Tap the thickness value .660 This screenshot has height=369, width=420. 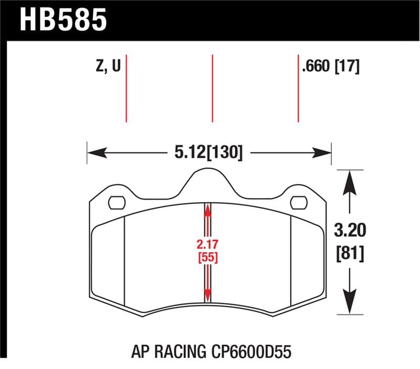317,67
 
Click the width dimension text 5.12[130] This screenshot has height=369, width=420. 208,153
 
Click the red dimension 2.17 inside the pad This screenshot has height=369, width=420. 208,244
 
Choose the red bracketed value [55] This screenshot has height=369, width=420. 208,258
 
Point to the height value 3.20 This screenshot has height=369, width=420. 349,230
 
